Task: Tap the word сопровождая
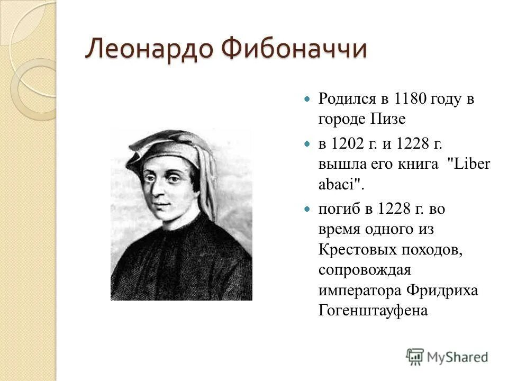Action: [365, 270]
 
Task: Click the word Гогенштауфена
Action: [373, 310]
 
